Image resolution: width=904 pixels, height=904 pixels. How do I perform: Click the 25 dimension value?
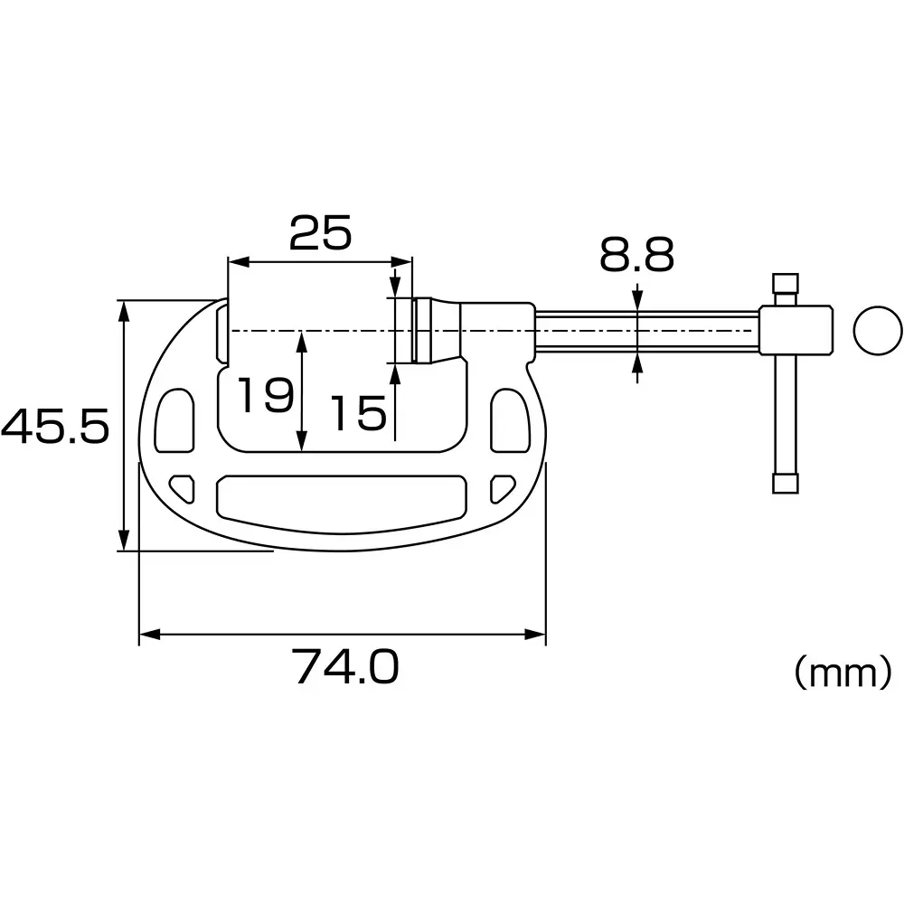[319, 233]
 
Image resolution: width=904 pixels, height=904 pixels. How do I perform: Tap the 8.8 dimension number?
[637, 257]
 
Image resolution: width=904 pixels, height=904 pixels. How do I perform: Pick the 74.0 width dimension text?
[344, 669]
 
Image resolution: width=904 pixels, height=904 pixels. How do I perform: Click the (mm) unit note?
[842, 672]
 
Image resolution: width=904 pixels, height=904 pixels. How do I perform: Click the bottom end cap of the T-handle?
[786, 481]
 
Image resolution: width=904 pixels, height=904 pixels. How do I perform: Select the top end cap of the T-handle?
[785, 283]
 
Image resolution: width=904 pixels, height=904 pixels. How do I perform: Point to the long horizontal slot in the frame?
[341, 498]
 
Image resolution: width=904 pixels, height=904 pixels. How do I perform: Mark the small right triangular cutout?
[499, 487]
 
